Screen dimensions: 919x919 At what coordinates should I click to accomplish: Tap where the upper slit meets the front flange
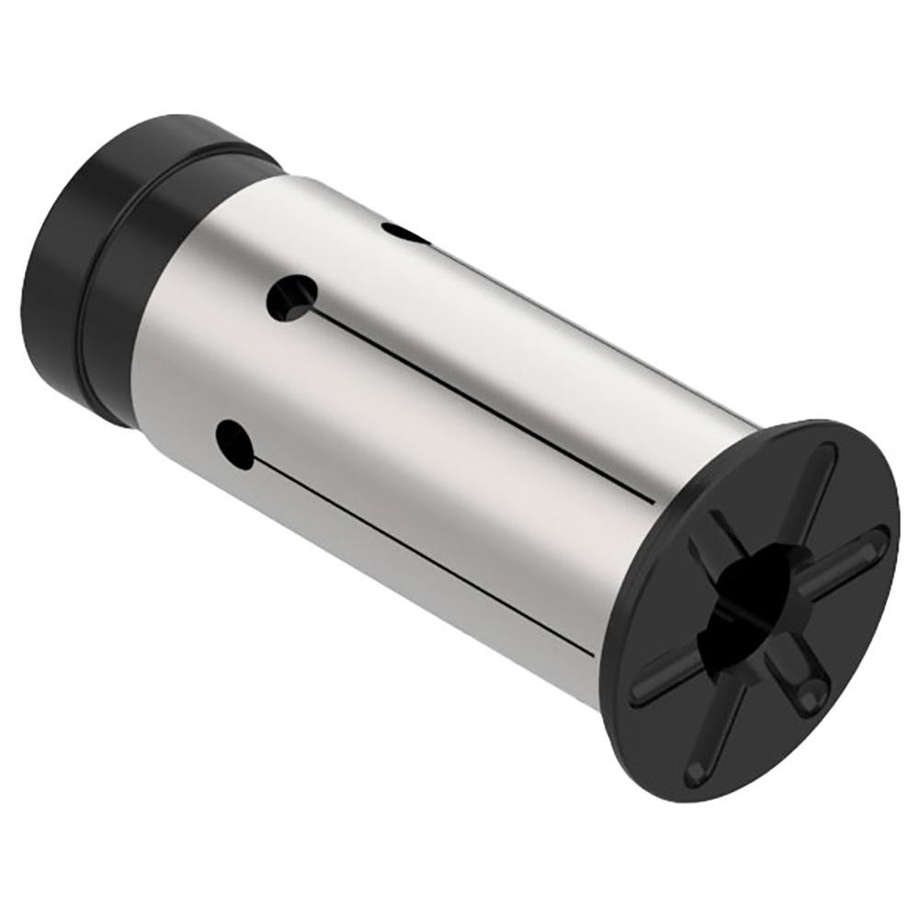tap(653, 501)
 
